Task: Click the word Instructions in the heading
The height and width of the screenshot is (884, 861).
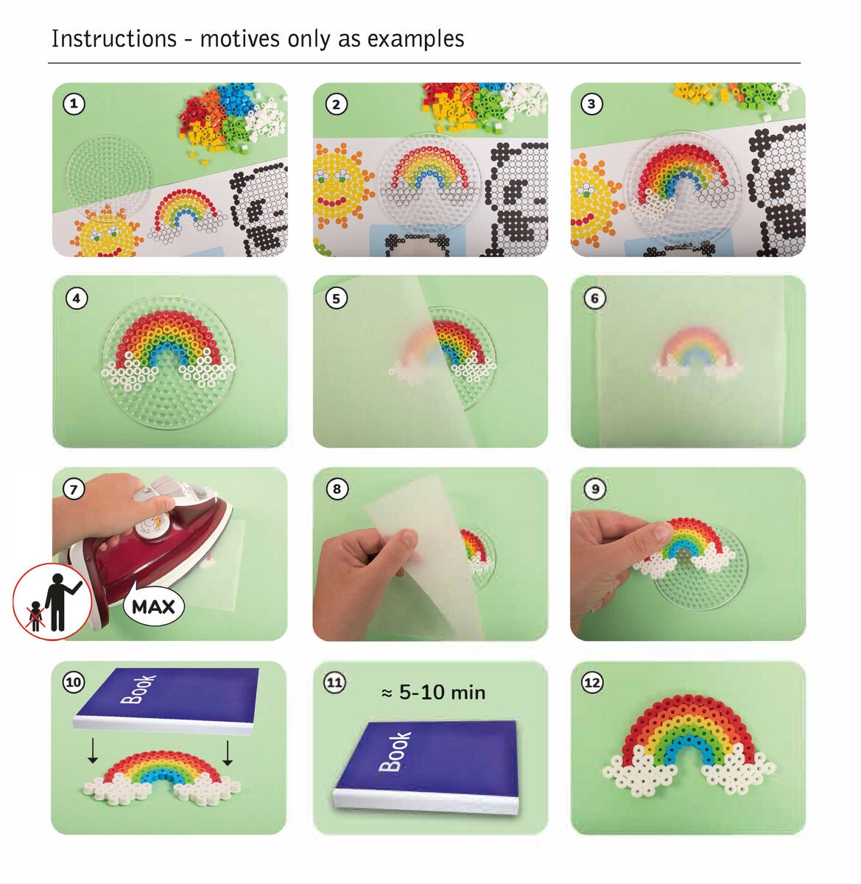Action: (x=114, y=38)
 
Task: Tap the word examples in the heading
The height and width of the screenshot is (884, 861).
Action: (x=415, y=38)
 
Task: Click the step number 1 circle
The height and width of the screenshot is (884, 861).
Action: (x=74, y=104)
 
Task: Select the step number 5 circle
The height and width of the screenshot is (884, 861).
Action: (x=336, y=298)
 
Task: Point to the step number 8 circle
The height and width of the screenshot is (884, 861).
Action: (x=337, y=489)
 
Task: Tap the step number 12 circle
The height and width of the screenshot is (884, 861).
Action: (x=592, y=683)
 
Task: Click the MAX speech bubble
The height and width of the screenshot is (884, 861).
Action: (x=154, y=606)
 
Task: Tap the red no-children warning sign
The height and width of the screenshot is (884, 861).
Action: (x=53, y=601)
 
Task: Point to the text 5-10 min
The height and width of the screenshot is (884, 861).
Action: (x=442, y=692)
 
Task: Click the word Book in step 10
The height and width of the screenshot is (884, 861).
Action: (x=138, y=690)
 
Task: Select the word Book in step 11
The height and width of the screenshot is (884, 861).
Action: (x=394, y=752)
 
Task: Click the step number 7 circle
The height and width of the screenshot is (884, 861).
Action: (x=74, y=490)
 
